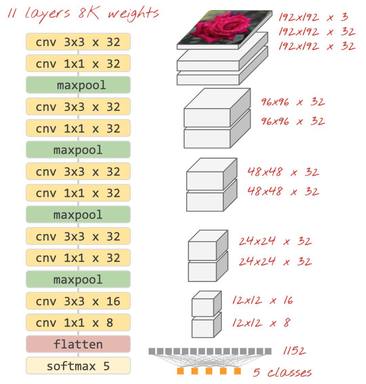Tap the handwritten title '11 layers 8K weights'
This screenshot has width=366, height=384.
coord(83,14)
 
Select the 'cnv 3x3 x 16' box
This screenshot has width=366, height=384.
coord(78,301)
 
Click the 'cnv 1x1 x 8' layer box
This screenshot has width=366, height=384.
coord(78,322)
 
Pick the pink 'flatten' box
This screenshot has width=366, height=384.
coord(78,344)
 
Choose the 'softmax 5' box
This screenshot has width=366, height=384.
coord(78,366)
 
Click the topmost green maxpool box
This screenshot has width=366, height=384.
coord(78,85)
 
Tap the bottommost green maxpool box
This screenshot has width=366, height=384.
coord(78,279)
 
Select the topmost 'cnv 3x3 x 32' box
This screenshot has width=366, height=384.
coord(78,42)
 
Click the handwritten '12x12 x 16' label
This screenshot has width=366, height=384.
coord(262,300)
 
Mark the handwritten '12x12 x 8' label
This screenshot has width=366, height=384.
coord(261,322)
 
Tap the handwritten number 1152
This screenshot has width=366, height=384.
coord(294,351)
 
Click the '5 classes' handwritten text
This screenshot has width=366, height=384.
coord(282,372)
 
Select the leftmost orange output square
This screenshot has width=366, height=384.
coord(180,371)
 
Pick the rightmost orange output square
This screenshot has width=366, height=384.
coord(238,371)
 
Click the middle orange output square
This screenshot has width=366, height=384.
coord(209,371)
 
